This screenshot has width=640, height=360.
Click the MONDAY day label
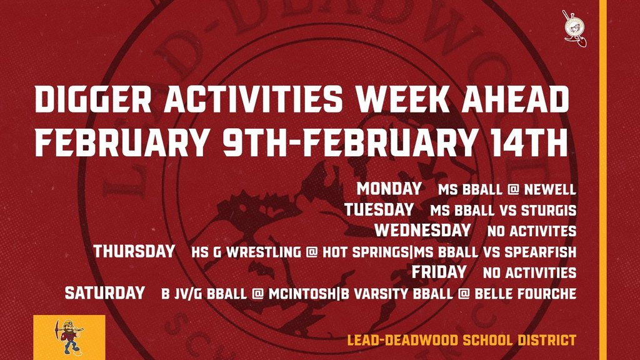(389, 189)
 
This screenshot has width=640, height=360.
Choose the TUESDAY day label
(379, 209)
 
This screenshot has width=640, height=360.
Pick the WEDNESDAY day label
(422, 230)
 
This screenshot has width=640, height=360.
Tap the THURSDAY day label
(134, 251)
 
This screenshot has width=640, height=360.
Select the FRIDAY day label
(439, 272)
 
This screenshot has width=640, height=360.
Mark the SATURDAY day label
(104, 292)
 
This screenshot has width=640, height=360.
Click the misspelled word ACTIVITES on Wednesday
(542, 231)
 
